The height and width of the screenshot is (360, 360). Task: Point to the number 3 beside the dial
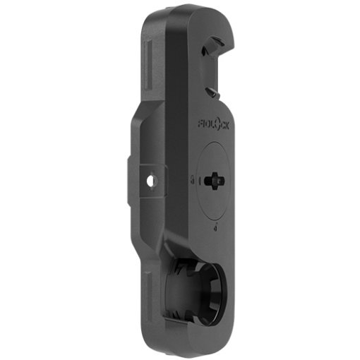[193, 181]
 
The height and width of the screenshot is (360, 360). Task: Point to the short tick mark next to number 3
[199, 181]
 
